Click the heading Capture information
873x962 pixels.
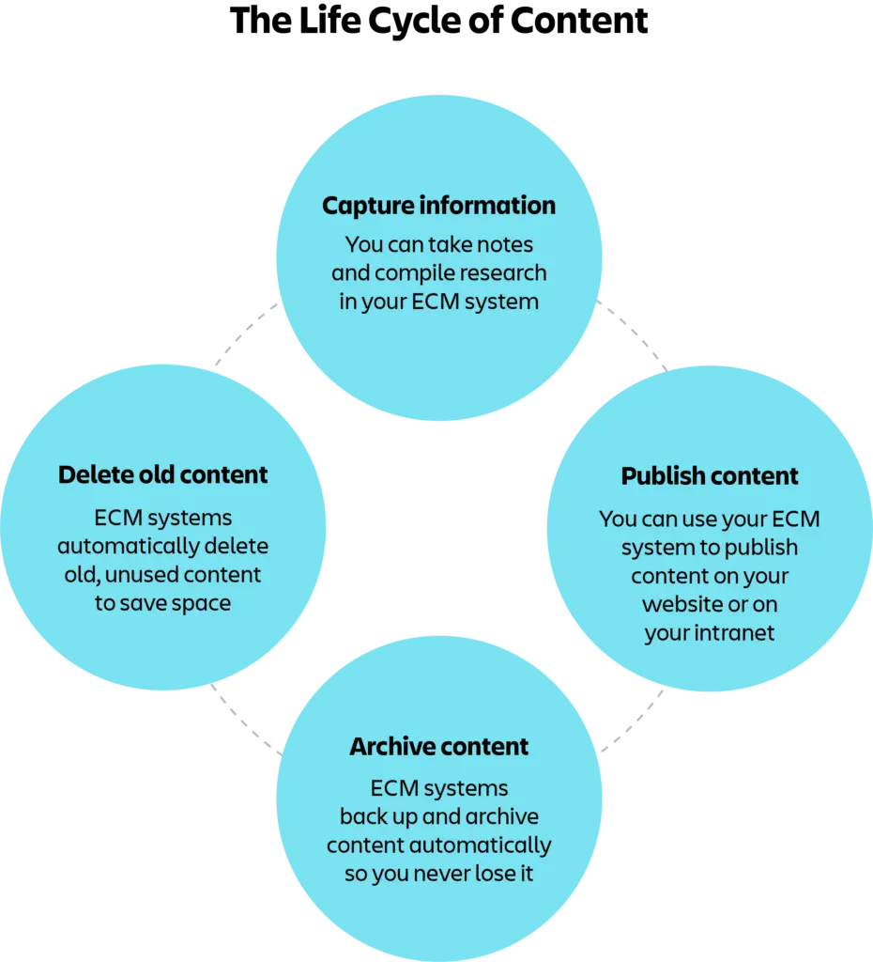pyautogui.click(x=438, y=206)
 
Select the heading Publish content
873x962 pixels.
pyautogui.click(x=710, y=476)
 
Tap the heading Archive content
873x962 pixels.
pyautogui.click(x=439, y=747)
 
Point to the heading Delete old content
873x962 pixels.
pyautogui.click(x=163, y=475)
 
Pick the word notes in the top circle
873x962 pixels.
pyautogui.click(x=507, y=244)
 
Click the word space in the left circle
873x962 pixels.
pyautogui.click(x=202, y=603)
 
